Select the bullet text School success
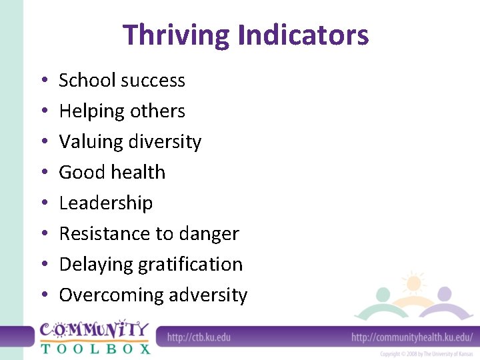coord(122,81)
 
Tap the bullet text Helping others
coord(122,111)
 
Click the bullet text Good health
coord(112,173)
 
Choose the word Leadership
coord(106,203)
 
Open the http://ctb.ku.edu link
coord(199,337)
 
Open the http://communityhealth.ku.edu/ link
coord(411,337)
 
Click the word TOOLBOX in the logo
coord(95,347)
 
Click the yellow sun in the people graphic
coord(414,283)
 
